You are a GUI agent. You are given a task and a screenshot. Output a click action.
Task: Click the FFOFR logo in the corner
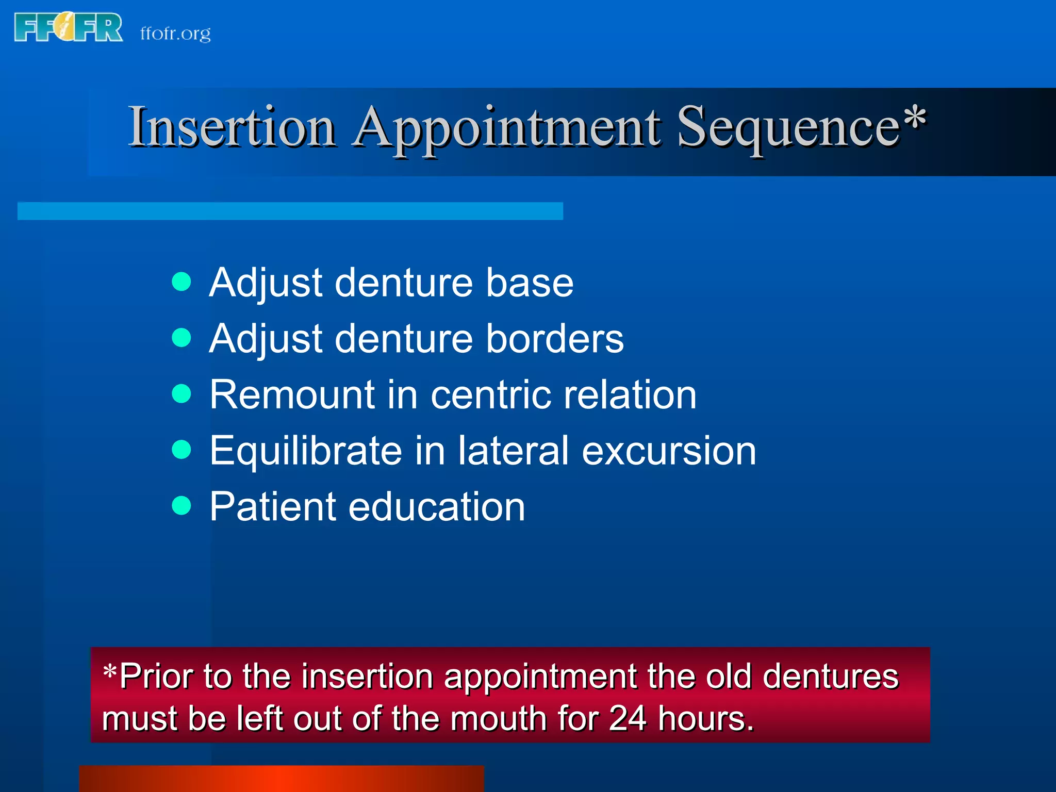pyautogui.click(x=68, y=27)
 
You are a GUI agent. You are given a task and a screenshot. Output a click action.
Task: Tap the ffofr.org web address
pyautogui.click(x=175, y=34)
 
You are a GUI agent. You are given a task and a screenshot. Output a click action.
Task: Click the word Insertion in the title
pyautogui.click(x=232, y=126)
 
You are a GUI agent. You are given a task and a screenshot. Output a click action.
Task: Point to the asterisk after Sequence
pyautogui.click(x=915, y=118)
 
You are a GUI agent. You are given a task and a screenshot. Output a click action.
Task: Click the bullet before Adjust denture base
pyautogui.click(x=181, y=282)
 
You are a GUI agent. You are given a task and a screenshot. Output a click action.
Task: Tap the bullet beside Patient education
pyautogui.click(x=181, y=505)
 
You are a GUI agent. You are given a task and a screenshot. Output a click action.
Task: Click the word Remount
pyautogui.click(x=292, y=394)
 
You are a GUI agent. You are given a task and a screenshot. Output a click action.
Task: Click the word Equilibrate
pyautogui.click(x=305, y=451)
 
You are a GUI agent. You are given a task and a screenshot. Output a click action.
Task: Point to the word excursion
pyautogui.click(x=669, y=451)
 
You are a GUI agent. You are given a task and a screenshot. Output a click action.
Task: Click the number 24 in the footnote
pyautogui.click(x=628, y=718)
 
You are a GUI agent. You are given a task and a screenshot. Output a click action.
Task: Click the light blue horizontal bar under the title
pyautogui.click(x=290, y=211)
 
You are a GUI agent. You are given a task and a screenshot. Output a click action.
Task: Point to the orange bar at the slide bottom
pyautogui.click(x=281, y=779)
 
